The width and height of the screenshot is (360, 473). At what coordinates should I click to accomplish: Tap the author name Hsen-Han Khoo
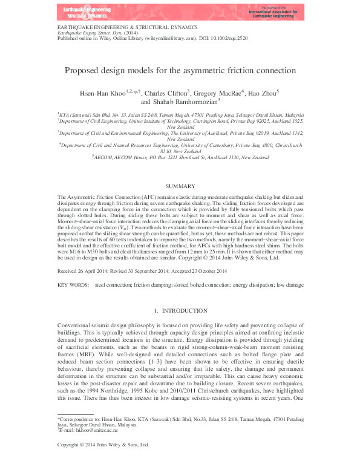103,93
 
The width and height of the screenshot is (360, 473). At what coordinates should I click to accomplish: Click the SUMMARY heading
180,186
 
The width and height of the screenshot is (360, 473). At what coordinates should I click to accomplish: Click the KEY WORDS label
71,284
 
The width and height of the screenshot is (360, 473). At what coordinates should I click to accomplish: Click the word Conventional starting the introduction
76,325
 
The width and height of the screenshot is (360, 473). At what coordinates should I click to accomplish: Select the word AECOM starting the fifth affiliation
105,157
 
